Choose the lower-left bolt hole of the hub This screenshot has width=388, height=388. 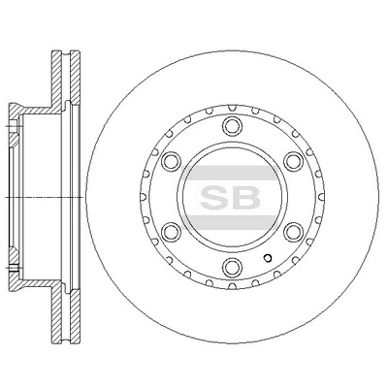pos(169,233)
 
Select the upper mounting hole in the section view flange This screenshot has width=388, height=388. pos(14,124)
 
